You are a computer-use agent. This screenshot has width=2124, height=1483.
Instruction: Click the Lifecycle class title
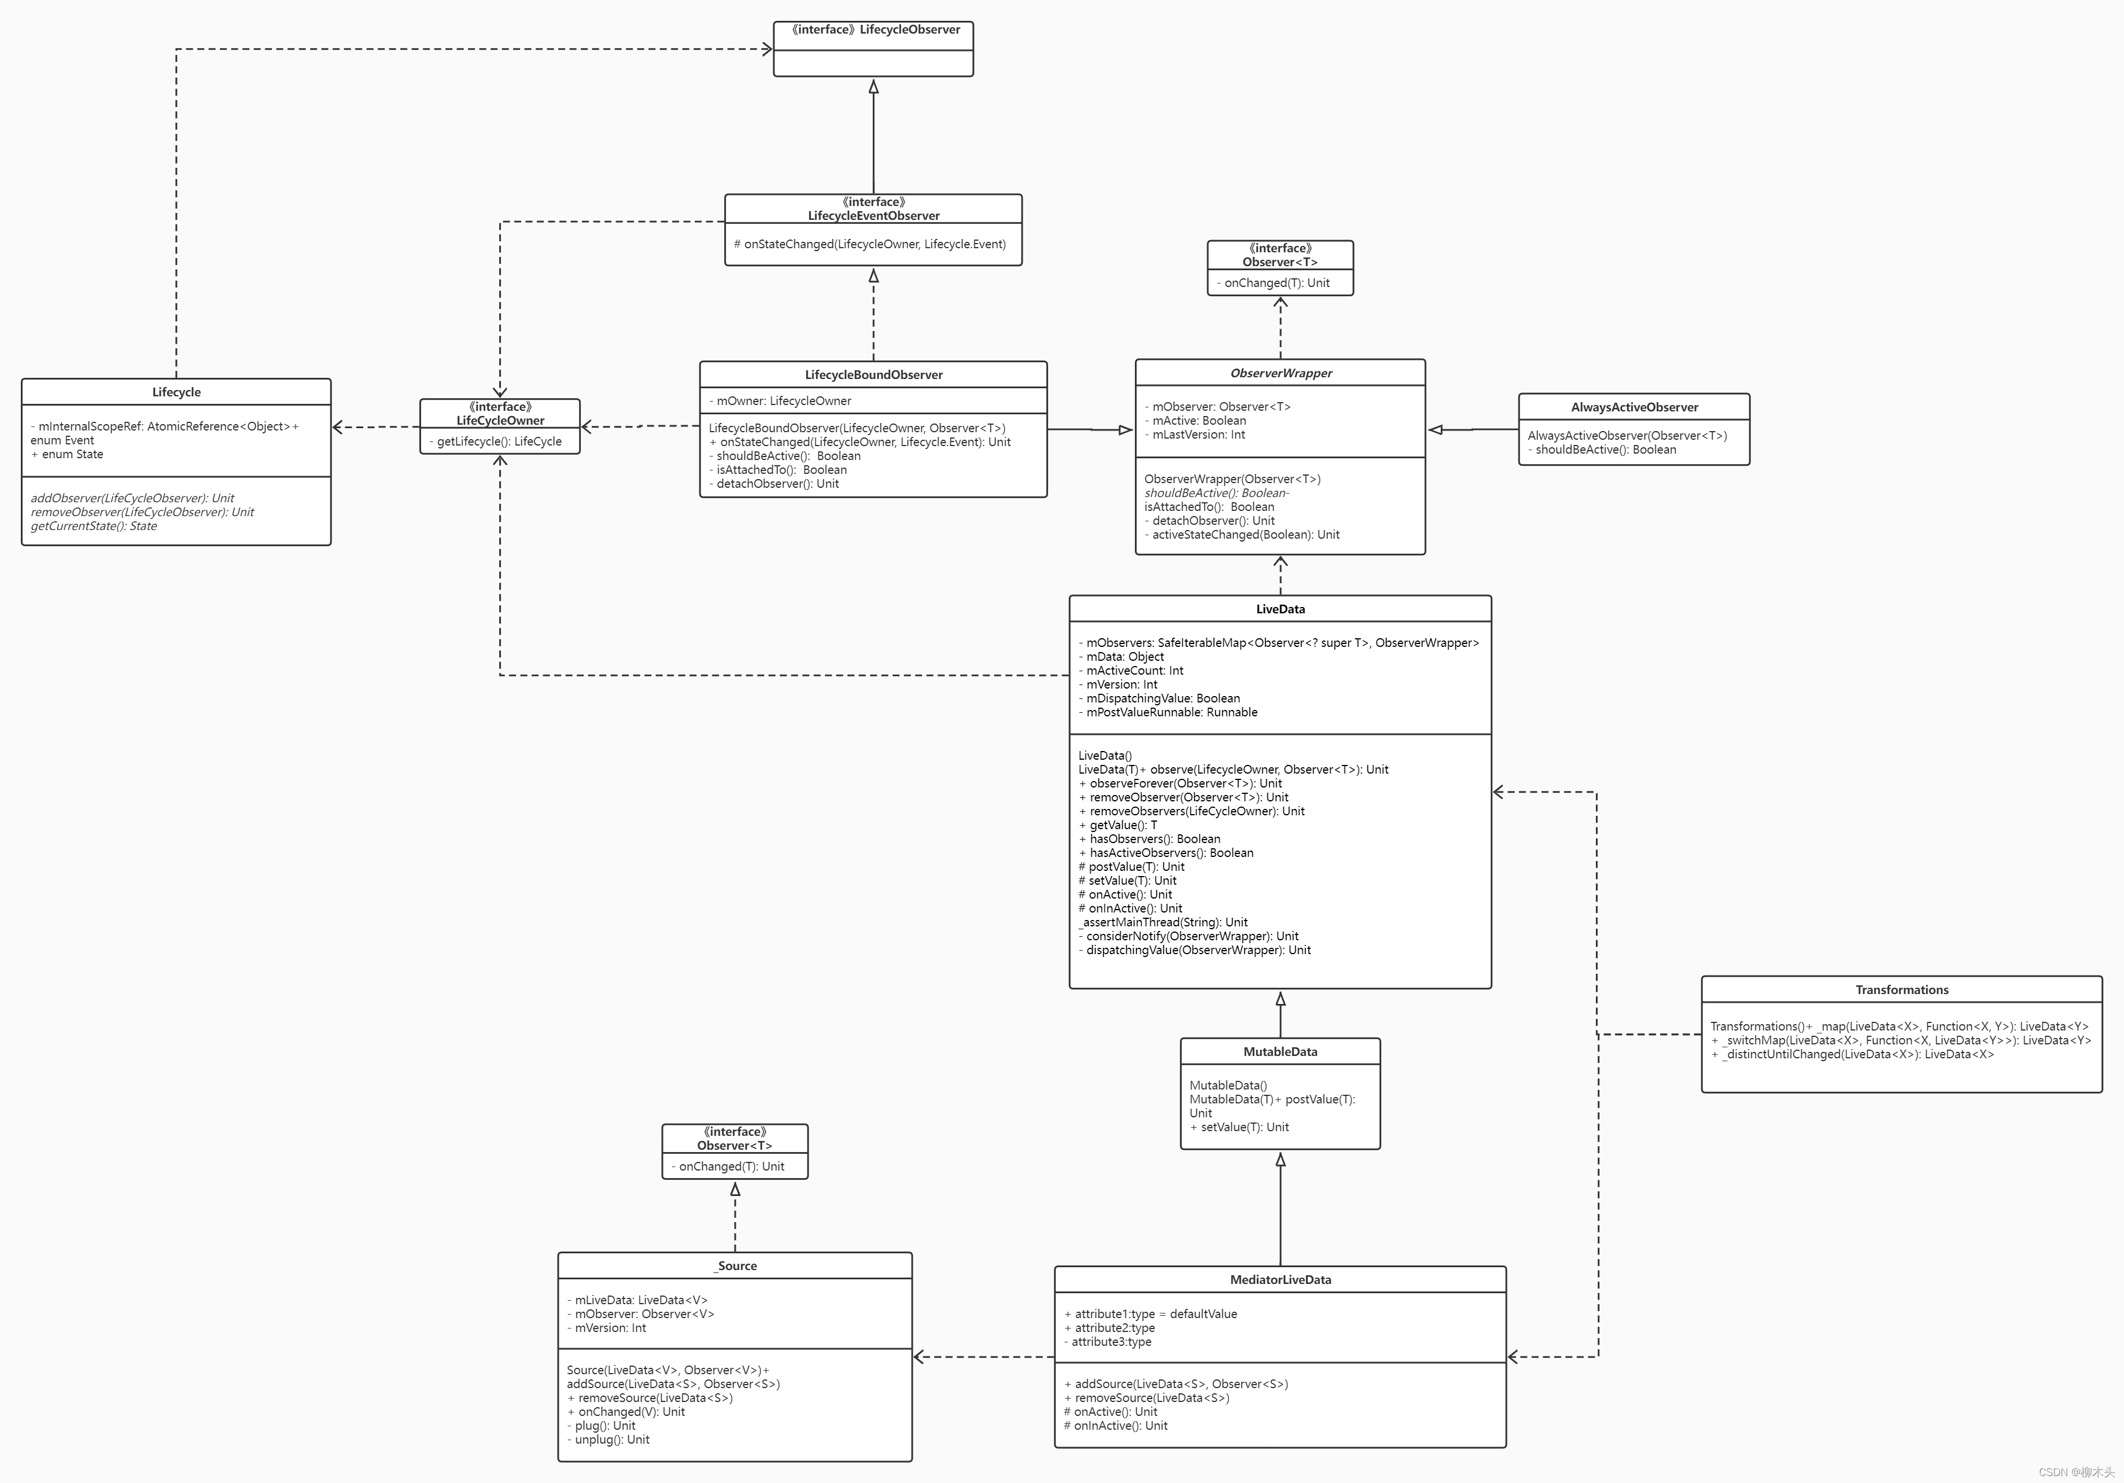[176, 392]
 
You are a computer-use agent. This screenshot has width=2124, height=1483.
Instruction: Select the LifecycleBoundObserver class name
[873, 375]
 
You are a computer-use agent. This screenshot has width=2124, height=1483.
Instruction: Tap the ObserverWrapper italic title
[1280, 373]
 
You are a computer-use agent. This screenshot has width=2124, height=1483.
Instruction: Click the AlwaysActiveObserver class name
[1633, 407]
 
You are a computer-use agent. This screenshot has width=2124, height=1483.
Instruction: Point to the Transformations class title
[1901, 990]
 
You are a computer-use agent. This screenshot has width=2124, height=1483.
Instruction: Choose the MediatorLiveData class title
[1280, 1279]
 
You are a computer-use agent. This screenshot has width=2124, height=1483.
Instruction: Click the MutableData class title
[1279, 1052]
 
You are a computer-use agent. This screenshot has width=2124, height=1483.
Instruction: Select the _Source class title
[735, 1265]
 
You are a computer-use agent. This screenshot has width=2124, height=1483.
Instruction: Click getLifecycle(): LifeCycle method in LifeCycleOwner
[500, 441]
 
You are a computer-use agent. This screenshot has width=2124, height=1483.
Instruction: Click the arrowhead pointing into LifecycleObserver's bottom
[873, 87]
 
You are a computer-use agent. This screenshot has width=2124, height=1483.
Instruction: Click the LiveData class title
[1280, 609]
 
